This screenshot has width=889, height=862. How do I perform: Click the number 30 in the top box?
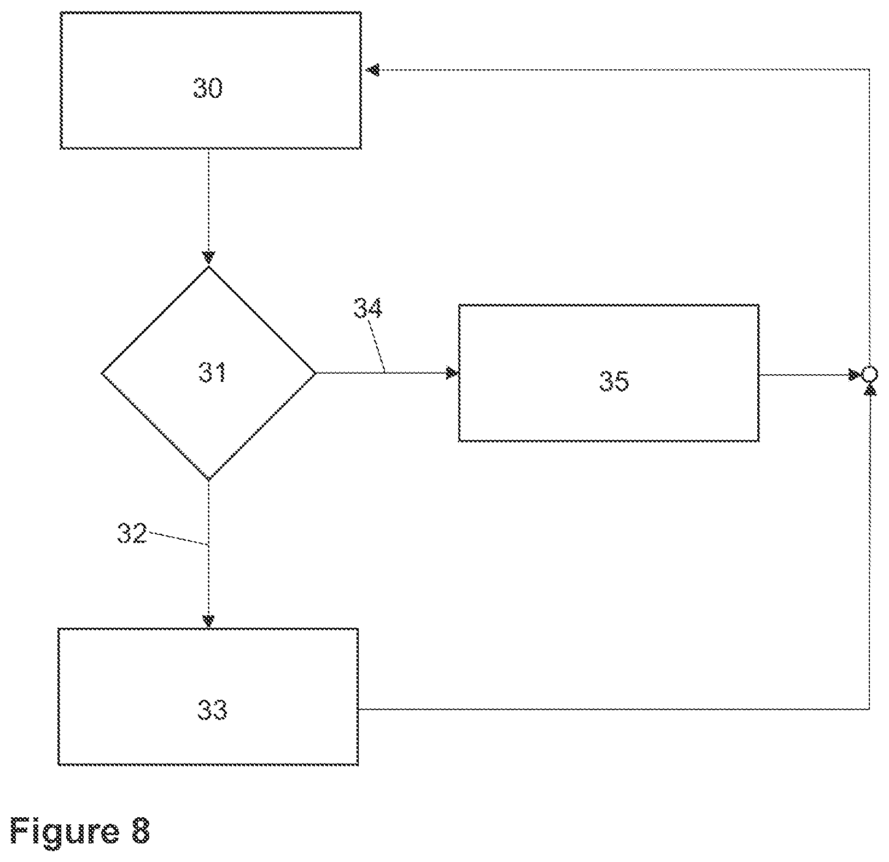(x=208, y=88)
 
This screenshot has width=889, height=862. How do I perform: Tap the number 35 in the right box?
(x=614, y=381)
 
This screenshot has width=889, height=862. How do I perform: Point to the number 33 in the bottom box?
(x=212, y=710)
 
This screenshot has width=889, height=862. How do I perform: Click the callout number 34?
(x=367, y=308)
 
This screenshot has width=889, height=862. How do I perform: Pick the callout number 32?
(x=132, y=533)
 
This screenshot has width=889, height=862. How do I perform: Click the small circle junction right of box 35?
(x=869, y=375)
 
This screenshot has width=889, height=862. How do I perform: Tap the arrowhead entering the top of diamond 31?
(x=209, y=257)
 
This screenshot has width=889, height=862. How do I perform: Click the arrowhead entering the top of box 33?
(x=208, y=621)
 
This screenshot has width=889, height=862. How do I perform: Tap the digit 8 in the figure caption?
(x=139, y=831)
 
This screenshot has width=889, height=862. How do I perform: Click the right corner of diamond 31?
(x=316, y=373)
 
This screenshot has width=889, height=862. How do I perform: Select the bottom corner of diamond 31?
(x=209, y=480)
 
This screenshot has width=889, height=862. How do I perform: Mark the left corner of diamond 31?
(x=102, y=374)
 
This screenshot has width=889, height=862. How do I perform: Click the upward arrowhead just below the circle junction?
(x=869, y=389)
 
